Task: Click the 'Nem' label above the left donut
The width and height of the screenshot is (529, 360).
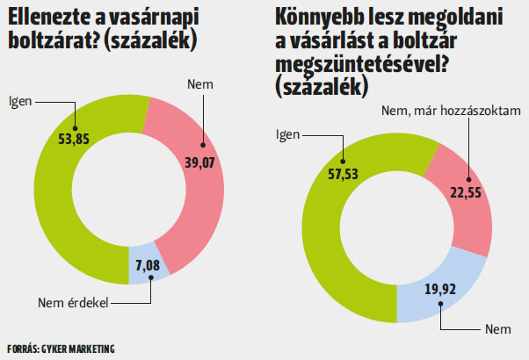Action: point(200,83)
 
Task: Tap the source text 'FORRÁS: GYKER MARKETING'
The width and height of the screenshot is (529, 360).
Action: point(60,349)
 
